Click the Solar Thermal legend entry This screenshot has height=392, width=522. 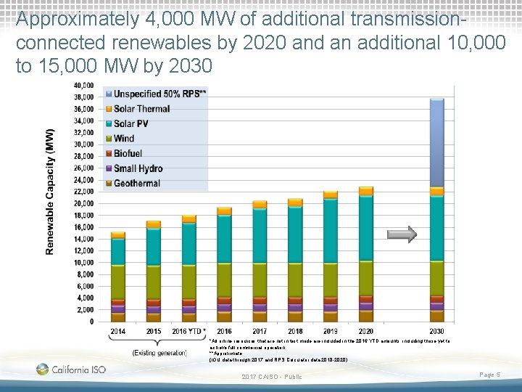point(141,109)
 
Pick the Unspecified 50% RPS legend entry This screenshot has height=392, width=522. point(155,94)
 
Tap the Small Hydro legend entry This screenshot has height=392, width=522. point(138,168)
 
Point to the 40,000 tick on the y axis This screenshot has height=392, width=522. point(83,85)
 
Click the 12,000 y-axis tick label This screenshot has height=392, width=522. point(83,250)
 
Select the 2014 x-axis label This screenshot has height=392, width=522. point(117,332)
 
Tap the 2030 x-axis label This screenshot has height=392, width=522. point(436,332)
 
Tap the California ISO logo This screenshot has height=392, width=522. point(70,369)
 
